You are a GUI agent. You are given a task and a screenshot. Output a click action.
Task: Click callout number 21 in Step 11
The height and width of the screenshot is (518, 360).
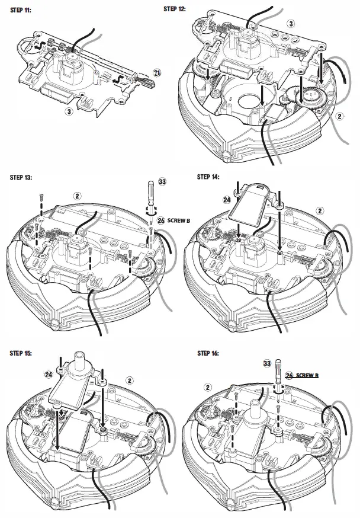156,72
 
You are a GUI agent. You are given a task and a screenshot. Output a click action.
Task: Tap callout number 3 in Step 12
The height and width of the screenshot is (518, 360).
290,23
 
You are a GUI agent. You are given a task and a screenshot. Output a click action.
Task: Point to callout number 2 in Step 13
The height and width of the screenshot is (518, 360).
77,195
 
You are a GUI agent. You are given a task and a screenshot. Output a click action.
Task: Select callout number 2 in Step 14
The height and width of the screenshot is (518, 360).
320,210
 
